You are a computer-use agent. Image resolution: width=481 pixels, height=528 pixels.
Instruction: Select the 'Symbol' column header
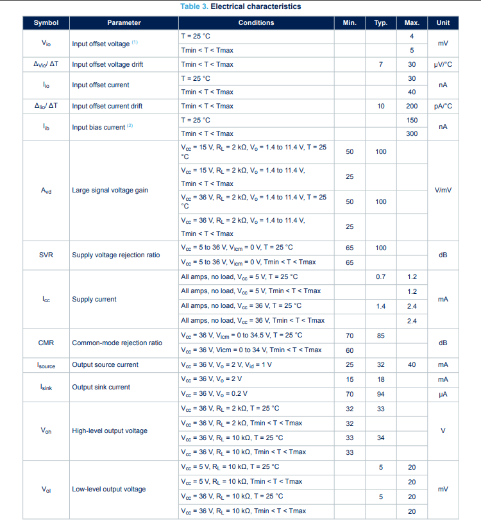46,22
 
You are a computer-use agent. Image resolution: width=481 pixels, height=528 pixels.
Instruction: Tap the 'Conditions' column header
256,22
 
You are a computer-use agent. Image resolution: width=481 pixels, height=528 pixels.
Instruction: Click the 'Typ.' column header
381,22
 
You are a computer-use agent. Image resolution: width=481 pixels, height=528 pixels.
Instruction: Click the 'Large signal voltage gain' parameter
110,191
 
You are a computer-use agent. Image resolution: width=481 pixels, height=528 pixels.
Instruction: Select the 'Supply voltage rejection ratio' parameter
116,255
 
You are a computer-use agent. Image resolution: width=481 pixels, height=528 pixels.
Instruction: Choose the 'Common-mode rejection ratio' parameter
117,343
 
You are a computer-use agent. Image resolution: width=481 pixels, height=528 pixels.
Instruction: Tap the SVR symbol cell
46,255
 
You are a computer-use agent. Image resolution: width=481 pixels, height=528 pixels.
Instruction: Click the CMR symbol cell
46,343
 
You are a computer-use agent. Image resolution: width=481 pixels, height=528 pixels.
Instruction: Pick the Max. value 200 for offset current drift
412,106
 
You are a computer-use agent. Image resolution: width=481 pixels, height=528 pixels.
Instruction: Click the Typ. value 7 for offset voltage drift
381,64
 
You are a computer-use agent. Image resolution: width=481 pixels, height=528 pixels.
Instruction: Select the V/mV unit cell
443,191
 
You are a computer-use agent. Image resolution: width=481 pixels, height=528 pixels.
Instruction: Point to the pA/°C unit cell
443,106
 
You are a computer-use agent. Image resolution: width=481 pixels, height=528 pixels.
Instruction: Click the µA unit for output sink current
443,393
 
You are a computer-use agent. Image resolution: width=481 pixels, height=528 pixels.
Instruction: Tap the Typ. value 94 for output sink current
381,393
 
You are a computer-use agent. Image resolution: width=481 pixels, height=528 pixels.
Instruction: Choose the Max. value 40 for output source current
412,364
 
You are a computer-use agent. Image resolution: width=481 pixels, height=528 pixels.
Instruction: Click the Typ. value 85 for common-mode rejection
381,335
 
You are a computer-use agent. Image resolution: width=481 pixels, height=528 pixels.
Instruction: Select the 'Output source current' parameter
105,364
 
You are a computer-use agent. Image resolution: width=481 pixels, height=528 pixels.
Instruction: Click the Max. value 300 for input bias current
412,133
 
